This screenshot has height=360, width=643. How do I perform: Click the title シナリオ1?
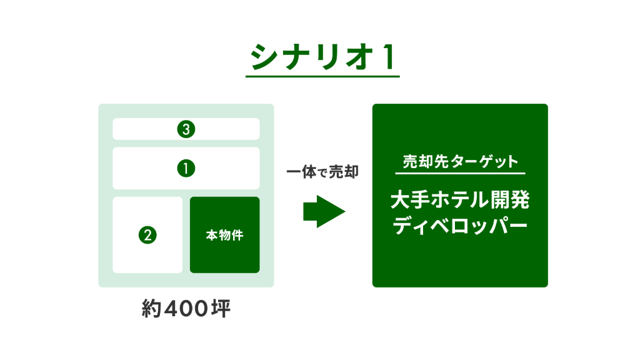[x=322, y=57]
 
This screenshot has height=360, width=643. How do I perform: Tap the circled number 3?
[x=186, y=129]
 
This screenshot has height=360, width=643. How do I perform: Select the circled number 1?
[x=186, y=169]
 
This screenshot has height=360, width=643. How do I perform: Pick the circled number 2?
[x=147, y=235]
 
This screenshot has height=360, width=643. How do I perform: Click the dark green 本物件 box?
[x=225, y=235]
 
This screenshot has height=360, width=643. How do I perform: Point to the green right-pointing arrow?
[x=324, y=212]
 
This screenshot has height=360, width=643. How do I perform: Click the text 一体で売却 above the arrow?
[x=322, y=172]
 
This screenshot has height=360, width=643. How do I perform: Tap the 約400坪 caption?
[x=186, y=308]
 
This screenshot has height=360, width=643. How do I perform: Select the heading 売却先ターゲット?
[x=460, y=161]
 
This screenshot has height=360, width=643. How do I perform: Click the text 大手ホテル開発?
[x=460, y=199]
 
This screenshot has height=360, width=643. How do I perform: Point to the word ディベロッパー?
[x=460, y=226]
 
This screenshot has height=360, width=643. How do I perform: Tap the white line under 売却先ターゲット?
[x=460, y=174]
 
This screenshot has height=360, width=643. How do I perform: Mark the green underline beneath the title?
[x=322, y=76]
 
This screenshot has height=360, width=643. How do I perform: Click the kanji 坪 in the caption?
[x=221, y=308]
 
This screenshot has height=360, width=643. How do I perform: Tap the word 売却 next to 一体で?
[x=344, y=172]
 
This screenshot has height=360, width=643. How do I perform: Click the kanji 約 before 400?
[x=151, y=308]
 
